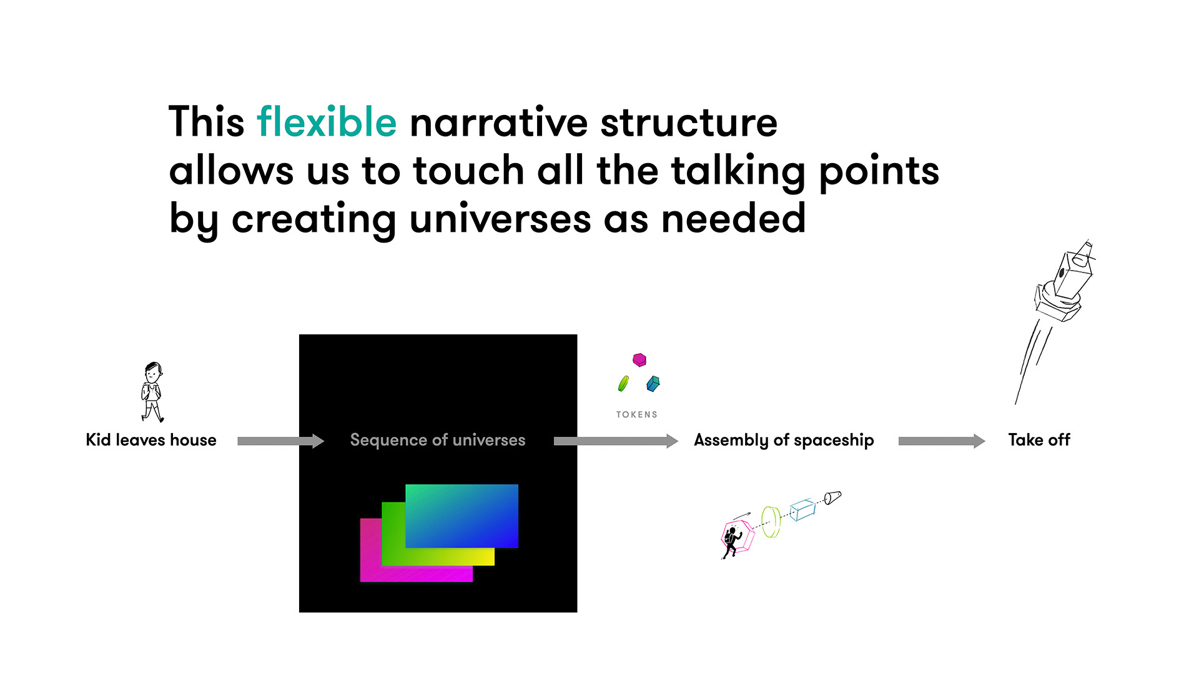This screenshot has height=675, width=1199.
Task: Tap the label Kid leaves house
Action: [151, 440]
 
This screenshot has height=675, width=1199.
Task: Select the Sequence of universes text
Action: [438, 440]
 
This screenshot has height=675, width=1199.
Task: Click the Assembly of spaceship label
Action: [784, 440]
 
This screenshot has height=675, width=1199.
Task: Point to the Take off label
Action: [1039, 440]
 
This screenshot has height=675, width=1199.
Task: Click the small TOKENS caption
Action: [637, 414]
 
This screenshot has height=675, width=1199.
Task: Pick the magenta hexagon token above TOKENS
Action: [639, 360]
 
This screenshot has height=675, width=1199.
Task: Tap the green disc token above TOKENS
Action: [623, 383]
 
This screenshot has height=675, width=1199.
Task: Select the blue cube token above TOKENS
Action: [653, 383]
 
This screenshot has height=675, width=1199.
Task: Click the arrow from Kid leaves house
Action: [281, 441]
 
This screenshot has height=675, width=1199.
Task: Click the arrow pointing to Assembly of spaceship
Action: [616, 441]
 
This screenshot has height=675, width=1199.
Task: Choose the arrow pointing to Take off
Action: [942, 441]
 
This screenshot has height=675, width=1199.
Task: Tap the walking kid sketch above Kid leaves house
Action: [152, 392]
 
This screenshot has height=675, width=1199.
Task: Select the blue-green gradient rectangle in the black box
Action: [461, 516]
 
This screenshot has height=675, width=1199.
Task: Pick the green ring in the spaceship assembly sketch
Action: [771, 522]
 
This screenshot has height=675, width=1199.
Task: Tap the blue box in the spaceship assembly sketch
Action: [803, 509]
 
